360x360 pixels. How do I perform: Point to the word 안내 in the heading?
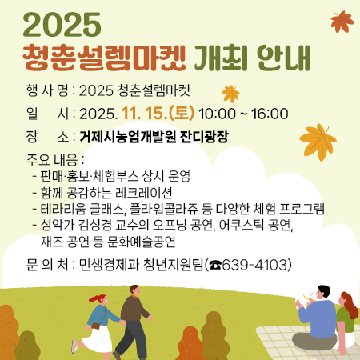tap(284, 58)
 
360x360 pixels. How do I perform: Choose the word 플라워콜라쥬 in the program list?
tap(174, 210)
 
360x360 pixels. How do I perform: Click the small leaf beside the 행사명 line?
tap(230, 94)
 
